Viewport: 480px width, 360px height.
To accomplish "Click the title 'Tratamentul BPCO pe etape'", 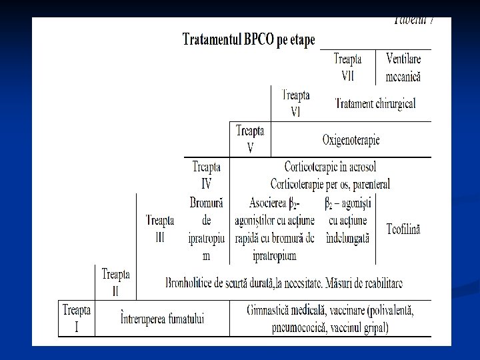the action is coord(249,39).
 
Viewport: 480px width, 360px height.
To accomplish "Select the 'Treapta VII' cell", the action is coord(348,67).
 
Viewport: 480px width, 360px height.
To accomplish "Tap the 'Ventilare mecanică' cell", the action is coord(403,67).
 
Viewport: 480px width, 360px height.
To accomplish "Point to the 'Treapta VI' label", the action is coord(296,103).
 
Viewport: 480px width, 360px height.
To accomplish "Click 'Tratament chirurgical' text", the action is coord(376,103).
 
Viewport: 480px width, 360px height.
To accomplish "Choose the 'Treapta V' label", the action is coord(250,139).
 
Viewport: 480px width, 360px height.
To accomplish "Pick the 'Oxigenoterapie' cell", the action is coord(351,140).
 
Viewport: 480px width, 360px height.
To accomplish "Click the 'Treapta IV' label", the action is coord(206,175).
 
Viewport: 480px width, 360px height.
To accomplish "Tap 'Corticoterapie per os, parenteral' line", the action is coord(330,183).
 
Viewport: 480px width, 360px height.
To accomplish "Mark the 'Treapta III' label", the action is coord(160,228).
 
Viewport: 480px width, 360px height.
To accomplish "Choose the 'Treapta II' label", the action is coord(116,283).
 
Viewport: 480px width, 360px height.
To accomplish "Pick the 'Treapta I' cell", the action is coord(77,319).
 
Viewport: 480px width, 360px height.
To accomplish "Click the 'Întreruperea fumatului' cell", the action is coord(163,319).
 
